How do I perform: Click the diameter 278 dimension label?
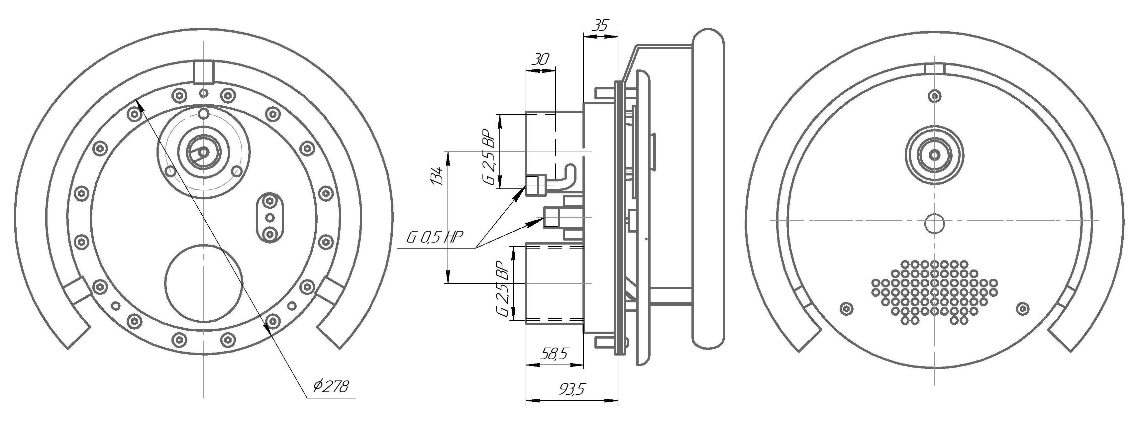pyautogui.click(x=331, y=386)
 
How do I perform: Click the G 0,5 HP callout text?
pyautogui.click(x=435, y=239)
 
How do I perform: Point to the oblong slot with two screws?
pyautogui.click(x=269, y=217)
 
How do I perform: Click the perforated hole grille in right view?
pyautogui.click(x=934, y=291)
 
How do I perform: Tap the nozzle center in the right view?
pyautogui.click(x=935, y=155)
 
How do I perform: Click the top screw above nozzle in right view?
pyautogui.click(x=934, y=96)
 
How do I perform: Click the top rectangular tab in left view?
pyautogui.click(x=204, y=72)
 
